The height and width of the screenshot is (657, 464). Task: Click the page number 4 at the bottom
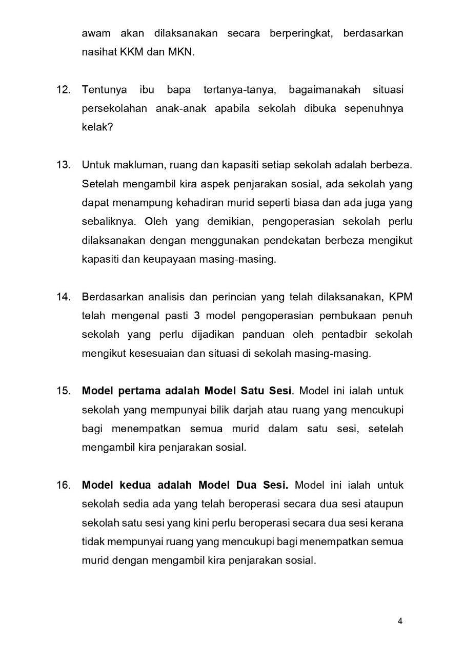pyautogui.click(x=400, y=622)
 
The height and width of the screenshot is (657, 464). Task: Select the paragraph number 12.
pyautogui.click(x=63, y=90)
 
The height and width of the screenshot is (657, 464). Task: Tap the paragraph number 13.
pyautogui.click(x=63, y=165)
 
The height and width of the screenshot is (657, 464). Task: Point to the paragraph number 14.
pyautogui.click(x=63, y=297)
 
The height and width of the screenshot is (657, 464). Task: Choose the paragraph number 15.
pyautogui.click(x=63, y=391)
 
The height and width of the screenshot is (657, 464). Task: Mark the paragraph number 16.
pyautogui.click(x=63, y=485)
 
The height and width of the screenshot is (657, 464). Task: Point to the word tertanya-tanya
pyautogui.click(x=240, y=90)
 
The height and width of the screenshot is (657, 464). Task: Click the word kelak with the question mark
pyautogui.click(x=97, y=127)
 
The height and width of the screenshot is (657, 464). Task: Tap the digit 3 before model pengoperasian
pyautogui.click(x=197, y=315)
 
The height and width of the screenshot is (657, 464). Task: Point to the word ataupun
pyautogui.click(x=385, y=504)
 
